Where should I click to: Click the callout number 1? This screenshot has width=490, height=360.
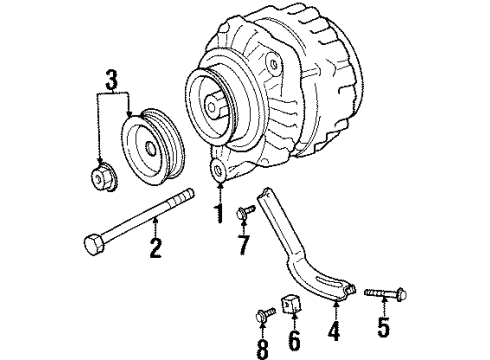tap(219, 214)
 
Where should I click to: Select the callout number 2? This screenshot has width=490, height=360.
tap(155, 248)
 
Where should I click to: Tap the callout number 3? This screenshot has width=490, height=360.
tap(112, 80)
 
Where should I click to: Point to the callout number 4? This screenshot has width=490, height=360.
tap(334, 331)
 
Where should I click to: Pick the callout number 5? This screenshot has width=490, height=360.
tap(383, 327)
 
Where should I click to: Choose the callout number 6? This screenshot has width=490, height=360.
tap(294, 340)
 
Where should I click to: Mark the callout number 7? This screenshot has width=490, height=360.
tap(244, 245)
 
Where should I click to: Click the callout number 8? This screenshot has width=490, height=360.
tap(263, 349)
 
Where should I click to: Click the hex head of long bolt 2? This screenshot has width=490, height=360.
tap(94, 245)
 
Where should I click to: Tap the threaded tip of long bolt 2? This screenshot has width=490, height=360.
tap(184, 196)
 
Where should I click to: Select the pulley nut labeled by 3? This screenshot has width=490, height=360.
tap(103, 176)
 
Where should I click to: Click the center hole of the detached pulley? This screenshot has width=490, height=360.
tap(151, 148)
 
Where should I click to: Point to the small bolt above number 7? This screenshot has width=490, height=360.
tap(245, 212)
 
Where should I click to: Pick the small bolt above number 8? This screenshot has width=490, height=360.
tap(266, 314)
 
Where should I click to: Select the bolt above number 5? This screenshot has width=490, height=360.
tap(385, 293)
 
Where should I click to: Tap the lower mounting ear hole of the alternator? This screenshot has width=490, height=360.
tap(218, 171)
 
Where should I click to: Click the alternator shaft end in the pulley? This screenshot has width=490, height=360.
tap(212, 106)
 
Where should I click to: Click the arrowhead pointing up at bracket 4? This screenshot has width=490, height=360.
tap(335, 303)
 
